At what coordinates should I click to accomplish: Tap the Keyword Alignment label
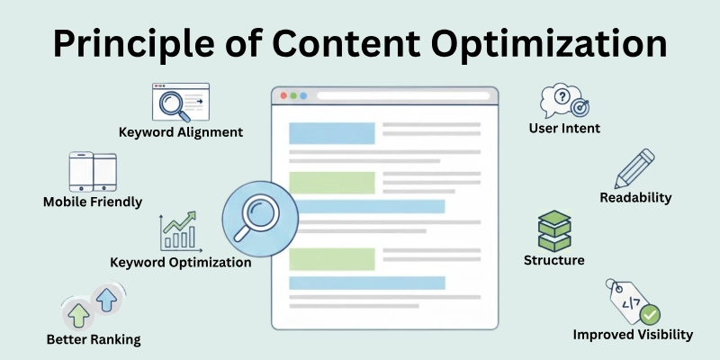[x=181, y=131]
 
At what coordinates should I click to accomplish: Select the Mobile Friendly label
[x=93, y=202]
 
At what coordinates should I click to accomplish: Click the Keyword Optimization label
[x=180, y=263]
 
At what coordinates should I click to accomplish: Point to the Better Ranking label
[x=94, y=339]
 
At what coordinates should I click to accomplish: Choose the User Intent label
[x=564, y=129]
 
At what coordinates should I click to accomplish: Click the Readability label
[x=635, y=197]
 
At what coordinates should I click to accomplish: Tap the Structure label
[x=553, y=260]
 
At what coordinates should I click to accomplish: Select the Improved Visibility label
[x=633, y=334]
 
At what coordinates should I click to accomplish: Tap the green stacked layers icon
[x=554, y=230]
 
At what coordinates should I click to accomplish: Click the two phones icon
[x=94, y=171]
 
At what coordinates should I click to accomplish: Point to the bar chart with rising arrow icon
[x=178, y=232]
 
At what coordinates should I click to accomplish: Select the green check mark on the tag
[x=650, y=315]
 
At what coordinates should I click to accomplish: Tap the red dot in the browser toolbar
[x=283, y=95]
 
